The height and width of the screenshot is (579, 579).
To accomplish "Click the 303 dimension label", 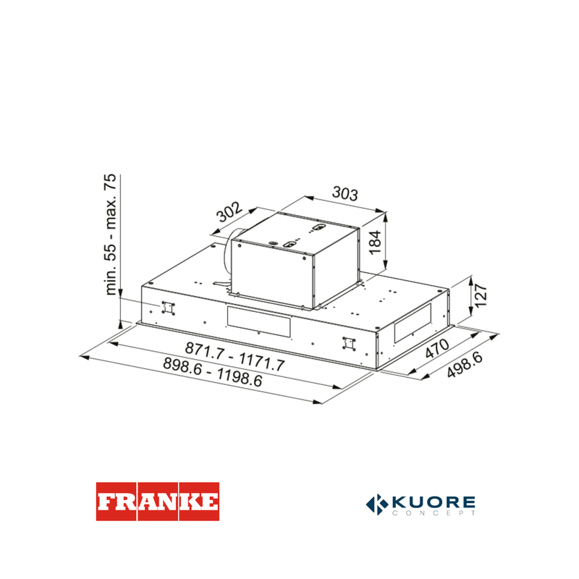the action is [345, 193].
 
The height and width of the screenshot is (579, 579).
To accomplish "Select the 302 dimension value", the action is [229, 211].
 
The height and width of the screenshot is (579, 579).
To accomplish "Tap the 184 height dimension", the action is [375, 242].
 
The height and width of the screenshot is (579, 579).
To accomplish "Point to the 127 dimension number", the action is [481, 295].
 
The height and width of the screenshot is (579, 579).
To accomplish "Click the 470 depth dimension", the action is [437, 348].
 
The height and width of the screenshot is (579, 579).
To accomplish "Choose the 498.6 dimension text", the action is [465, 365].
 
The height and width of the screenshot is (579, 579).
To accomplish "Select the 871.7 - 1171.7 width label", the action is [234, 357].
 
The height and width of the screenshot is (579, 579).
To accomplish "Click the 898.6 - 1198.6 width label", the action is [213, 372].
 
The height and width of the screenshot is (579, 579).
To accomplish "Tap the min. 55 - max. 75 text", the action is [111, 234].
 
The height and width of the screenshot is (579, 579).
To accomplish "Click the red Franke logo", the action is [158, 502].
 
